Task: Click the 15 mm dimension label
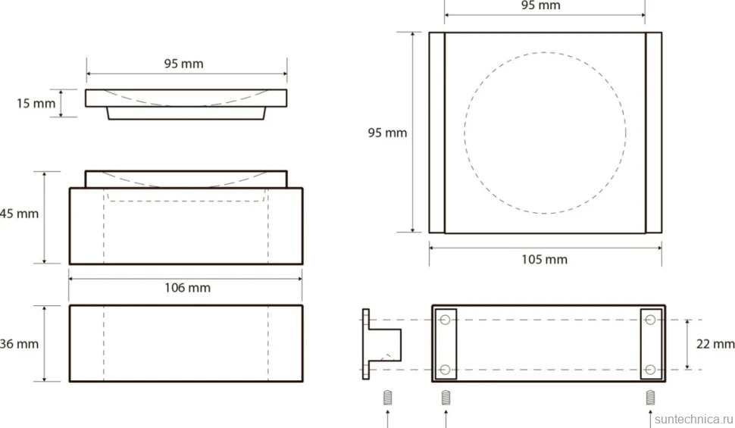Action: pyautogui.click(x=36, y=103)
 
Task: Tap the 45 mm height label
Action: pyautogui.click(x=19, y=214)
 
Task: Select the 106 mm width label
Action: pyautogui.click(x=187, y=288)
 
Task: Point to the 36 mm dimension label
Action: pyautogui.click(x=19, y=344)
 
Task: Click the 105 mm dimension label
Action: pyautogui.click(x=545, y=260)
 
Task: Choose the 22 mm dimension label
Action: pyautogui.click(x=715, y=344)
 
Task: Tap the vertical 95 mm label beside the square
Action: pyautogui.click(x=387, y=133)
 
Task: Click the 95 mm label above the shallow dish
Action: pyautogui.click(x=183, y=64)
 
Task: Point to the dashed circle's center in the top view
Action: pyautogui.click(x=545, y=133)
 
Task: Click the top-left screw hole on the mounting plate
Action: pyautogui.click(x=446, y=320)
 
